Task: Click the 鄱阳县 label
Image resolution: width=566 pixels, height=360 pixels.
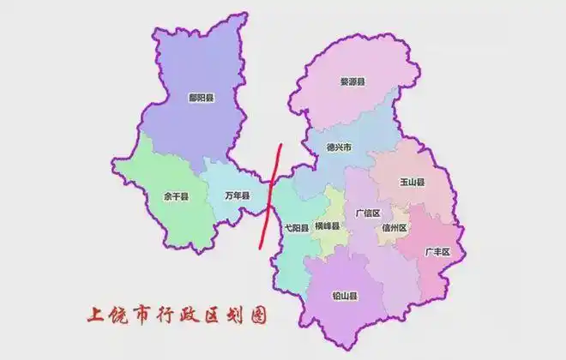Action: (x=202, y=99)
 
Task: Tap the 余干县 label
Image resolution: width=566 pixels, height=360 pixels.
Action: (x=175, y=196)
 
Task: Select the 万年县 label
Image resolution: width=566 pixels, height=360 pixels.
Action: (x=237, y=196)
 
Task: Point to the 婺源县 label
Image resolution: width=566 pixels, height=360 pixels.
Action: (x=352, y=82)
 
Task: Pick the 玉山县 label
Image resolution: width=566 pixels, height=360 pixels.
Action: (x=412, y=183)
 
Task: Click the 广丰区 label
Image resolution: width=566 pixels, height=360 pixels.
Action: (x=437, y=251)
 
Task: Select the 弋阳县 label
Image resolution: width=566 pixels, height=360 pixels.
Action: (x=296, y=227)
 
